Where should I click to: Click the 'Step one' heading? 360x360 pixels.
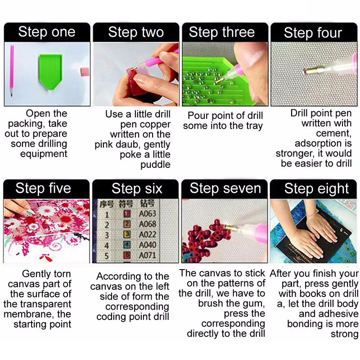(x=47, y=31)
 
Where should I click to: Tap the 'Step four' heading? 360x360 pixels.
(x=313, y=32)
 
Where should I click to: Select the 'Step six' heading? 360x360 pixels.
(x=137, y=189)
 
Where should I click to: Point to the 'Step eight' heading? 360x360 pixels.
(x=317, y=189)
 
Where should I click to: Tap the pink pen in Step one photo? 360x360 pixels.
(x=12, y=70)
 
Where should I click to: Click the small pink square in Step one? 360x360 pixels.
(x=85, y=72)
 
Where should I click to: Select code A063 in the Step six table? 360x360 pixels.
(x=148, y=214)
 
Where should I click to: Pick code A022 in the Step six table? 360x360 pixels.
(x=148, y=234)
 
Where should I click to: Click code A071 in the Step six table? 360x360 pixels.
(x=148, y=255)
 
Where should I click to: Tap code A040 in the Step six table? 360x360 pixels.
(x=148, y=245)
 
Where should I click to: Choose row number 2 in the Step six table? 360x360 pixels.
(x=107, y=225)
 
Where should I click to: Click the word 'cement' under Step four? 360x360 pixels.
(x=333, y=133)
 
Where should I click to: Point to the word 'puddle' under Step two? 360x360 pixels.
(x=155, y=165)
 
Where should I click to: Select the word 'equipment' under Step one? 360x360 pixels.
(x=44, y=154)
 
